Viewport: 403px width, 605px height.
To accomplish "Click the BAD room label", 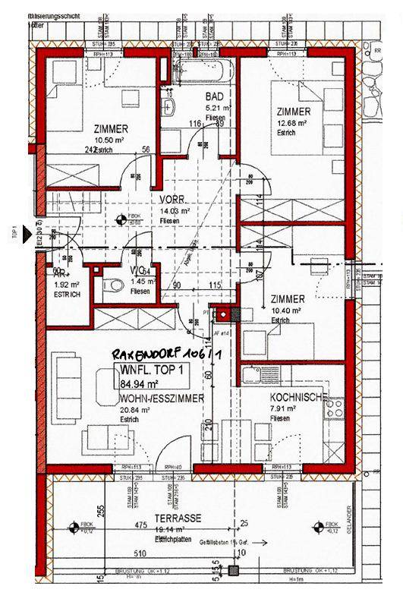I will pos(216,97).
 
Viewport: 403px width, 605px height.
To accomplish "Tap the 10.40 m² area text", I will pos(286,311).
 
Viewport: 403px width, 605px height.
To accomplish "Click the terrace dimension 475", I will pos(140,524).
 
